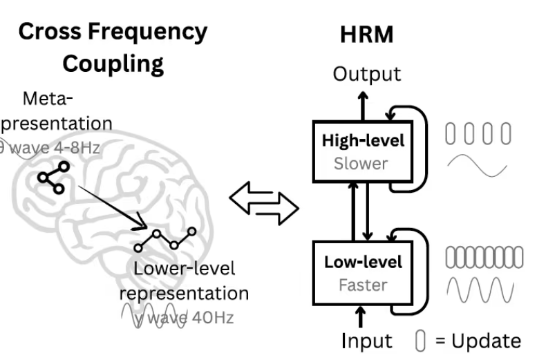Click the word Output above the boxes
(366, 74)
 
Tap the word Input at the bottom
(366, 340)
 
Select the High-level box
(363, 150)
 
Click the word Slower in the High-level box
(361, 163)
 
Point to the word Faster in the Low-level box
(362, 284)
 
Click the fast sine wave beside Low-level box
(481, 290)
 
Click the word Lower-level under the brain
(184, 268)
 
